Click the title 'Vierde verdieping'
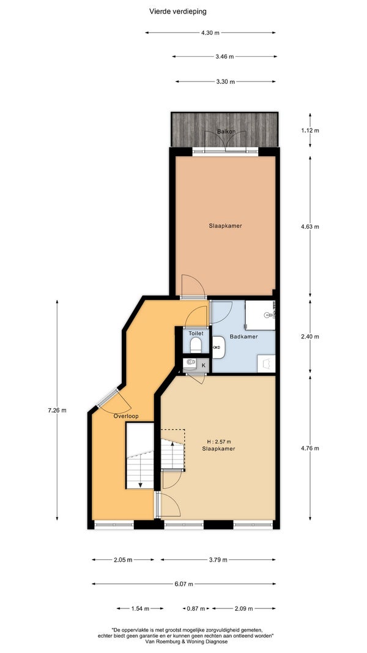(177, 12)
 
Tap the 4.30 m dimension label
(210, 33)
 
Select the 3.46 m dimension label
(224, 57)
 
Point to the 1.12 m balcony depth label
(310, 130)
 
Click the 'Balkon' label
(226, 132)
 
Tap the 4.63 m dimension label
(310, 227)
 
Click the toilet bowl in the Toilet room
(196, 345)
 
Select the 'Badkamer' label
(244, 337)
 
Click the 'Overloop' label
(126, 416)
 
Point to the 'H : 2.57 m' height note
(219, 442)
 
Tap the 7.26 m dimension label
(57, 410)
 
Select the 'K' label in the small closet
(204, 365)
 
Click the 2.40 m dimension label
(310, 337)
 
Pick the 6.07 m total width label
(183, 584)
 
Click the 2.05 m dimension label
(123, 560)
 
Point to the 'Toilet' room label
(196, 334)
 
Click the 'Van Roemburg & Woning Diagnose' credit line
(187, 642)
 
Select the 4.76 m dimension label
(310, 449)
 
